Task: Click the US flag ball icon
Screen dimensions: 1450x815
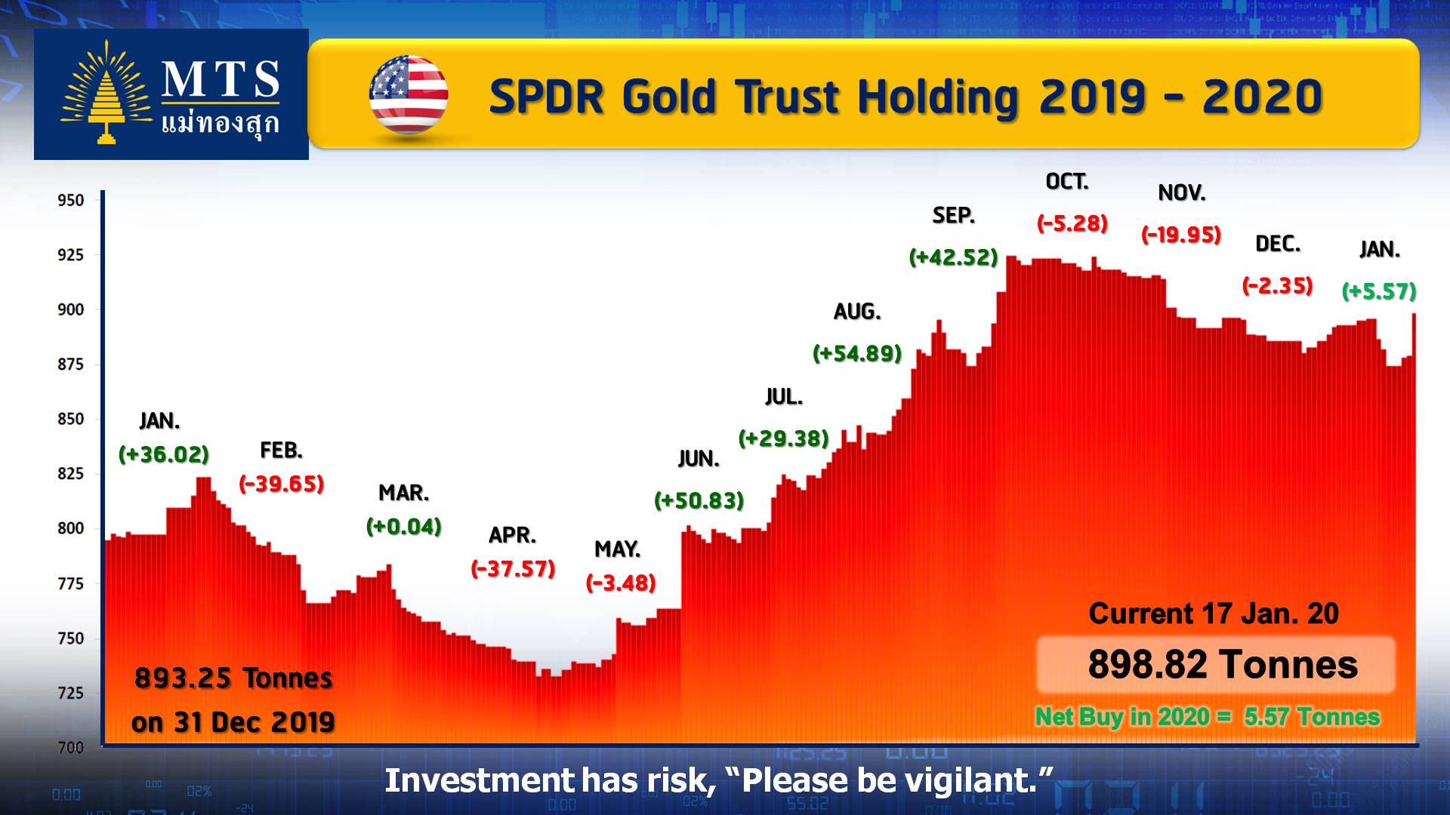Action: [x=409, y=95]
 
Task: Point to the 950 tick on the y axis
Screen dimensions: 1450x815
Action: [x=71, y=200]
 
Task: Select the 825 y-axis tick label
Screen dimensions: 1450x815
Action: [x=71, y=474]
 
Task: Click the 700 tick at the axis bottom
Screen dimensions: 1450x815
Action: [x=71, y=748]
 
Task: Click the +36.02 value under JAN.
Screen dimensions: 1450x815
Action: [x=164, y=454]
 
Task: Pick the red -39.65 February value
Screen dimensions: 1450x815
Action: [x=282, y=484]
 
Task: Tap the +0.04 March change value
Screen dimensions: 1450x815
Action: [x=404, y=526]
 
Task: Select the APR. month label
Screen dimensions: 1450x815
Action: [x=513, y=535]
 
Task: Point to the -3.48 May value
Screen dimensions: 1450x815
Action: [x=621, y=583]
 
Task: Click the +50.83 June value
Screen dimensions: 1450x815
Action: [x=699, y=500]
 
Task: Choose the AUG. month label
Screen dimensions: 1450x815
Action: [x=857, y=312]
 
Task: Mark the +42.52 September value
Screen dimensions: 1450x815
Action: [x=954, y=257]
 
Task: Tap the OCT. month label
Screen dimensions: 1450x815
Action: [x=1067, y=182]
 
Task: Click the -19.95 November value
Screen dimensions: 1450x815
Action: [x=1181, y=235]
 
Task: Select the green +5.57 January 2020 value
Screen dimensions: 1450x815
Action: [x=1379, y=291]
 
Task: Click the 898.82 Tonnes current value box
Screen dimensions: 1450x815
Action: [x=1216, y=665]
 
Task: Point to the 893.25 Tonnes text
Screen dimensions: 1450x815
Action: [x=233, y=678]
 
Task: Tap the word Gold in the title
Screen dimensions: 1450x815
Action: [x=668, y=97]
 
